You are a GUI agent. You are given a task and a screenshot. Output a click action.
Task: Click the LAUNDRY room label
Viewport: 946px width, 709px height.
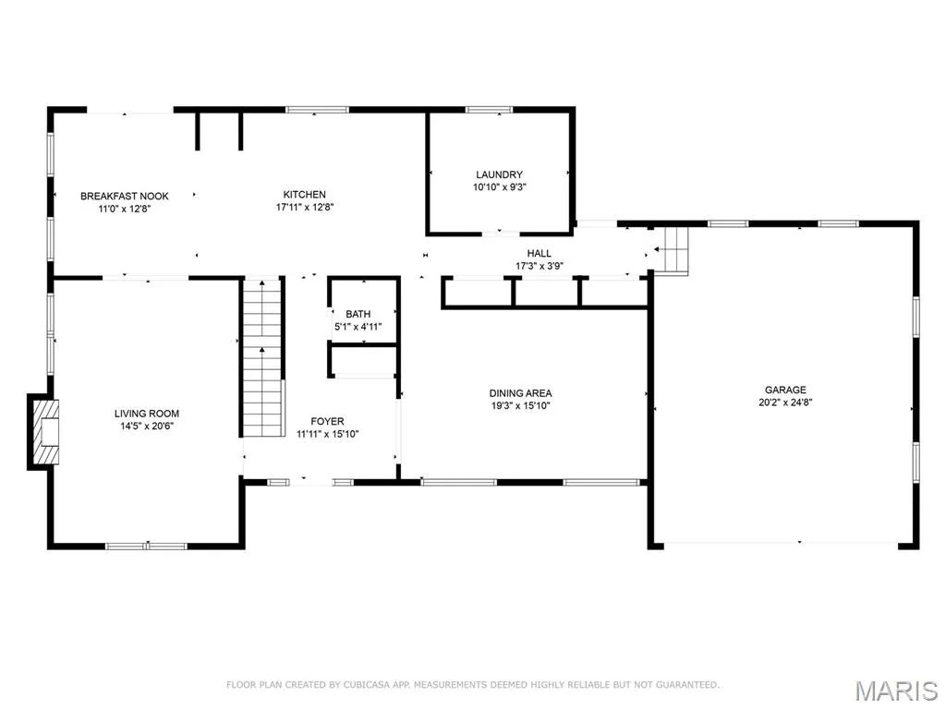(x=499, y=174)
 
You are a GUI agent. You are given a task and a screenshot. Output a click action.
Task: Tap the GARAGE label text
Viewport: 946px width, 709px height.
(x=785, y=391)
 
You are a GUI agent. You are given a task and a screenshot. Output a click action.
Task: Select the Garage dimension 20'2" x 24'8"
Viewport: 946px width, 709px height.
(x=785, y=403)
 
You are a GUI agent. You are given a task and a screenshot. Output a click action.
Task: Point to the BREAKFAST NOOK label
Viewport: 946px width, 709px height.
(x=125, y=196)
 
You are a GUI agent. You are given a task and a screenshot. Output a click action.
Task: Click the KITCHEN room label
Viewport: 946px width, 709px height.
(x=305, y=194)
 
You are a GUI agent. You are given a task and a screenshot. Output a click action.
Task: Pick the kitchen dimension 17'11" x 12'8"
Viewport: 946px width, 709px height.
(x=305, y=207)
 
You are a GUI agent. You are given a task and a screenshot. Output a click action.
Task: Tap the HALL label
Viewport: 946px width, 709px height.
(x=539, y=253)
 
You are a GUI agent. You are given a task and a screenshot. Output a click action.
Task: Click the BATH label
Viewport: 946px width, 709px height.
(x=358, y=314)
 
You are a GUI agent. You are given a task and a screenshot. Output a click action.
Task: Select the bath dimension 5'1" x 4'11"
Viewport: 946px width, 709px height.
(x=358, y=327)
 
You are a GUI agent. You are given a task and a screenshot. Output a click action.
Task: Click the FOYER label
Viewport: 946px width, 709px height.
(x=327, y=421)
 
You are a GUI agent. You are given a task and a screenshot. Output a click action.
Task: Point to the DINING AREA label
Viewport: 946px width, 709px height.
(x=520, y=393)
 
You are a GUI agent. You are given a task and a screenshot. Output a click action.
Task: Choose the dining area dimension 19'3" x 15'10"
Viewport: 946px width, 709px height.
(x=520, y=406)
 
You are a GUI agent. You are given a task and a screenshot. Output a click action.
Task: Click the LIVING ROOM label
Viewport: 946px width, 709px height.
(x=147, y=414)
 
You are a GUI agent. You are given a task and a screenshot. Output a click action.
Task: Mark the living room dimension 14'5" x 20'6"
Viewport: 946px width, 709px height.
(x=147, y=427)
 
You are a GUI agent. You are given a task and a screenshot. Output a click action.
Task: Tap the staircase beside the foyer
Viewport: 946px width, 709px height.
(x=262, y=357)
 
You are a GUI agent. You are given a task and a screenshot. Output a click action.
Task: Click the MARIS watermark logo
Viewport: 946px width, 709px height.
(x=897, y=691)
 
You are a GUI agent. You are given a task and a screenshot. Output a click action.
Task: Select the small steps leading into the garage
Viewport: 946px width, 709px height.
(x=671, y=250)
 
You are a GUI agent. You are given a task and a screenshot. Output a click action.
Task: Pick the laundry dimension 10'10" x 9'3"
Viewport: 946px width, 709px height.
(x=499, y=186)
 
